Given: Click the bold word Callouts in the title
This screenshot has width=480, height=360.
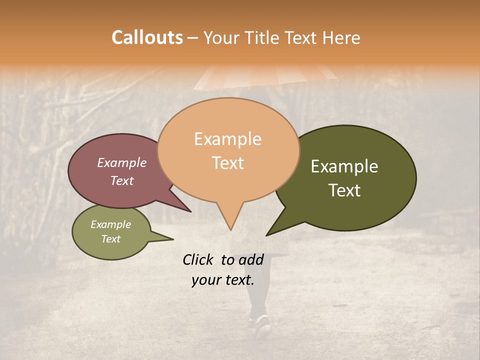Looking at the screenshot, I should (x=147, y=37).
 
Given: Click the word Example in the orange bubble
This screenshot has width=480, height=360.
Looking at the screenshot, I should (x=227, y=139).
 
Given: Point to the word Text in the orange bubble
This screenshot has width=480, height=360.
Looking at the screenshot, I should (x=227, y=163).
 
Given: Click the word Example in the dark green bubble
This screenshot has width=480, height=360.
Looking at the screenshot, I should (x=344, y=166).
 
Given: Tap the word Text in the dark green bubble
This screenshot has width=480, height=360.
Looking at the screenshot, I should (x=344, y=190).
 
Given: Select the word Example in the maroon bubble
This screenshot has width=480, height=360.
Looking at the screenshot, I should (x=121, y=163).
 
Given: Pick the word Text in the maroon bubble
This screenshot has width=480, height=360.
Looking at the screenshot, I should (x=121, y=181).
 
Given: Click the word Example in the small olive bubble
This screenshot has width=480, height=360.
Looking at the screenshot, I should (x=110, y=225).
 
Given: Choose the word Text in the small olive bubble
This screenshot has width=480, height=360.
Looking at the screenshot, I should (x=110, y=239).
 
